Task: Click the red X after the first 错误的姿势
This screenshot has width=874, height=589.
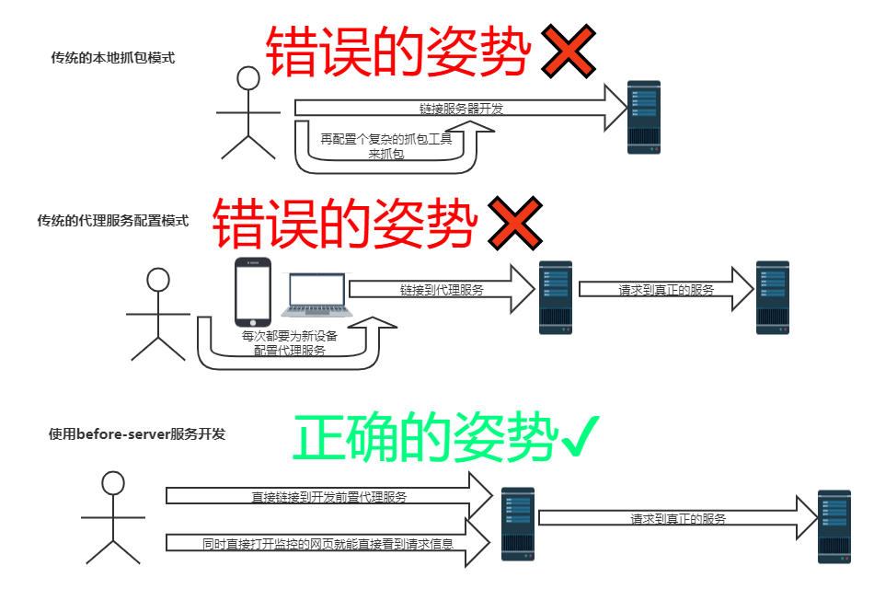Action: pos(567,53)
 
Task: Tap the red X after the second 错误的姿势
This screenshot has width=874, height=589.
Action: pos(514,225)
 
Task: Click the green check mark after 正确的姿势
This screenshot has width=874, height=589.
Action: pos(581,437)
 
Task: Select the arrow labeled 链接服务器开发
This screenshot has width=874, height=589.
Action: pos(460,108)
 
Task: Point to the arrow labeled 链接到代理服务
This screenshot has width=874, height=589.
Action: pos(442,289)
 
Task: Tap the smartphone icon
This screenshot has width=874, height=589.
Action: pos(253,293)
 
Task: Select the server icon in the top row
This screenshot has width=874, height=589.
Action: pos(644,117)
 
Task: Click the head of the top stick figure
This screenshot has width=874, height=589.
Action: pos(248,79)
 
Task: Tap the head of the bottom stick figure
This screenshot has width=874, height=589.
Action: pos(113,482)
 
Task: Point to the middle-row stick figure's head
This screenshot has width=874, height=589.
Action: pos(159,280)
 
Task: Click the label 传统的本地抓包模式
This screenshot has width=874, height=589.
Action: pos(112,58)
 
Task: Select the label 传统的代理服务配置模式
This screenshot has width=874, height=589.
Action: pos(112,221)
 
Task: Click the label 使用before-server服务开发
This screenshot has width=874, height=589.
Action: pos(136,433)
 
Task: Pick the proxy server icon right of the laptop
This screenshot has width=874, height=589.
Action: pos(556,297)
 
